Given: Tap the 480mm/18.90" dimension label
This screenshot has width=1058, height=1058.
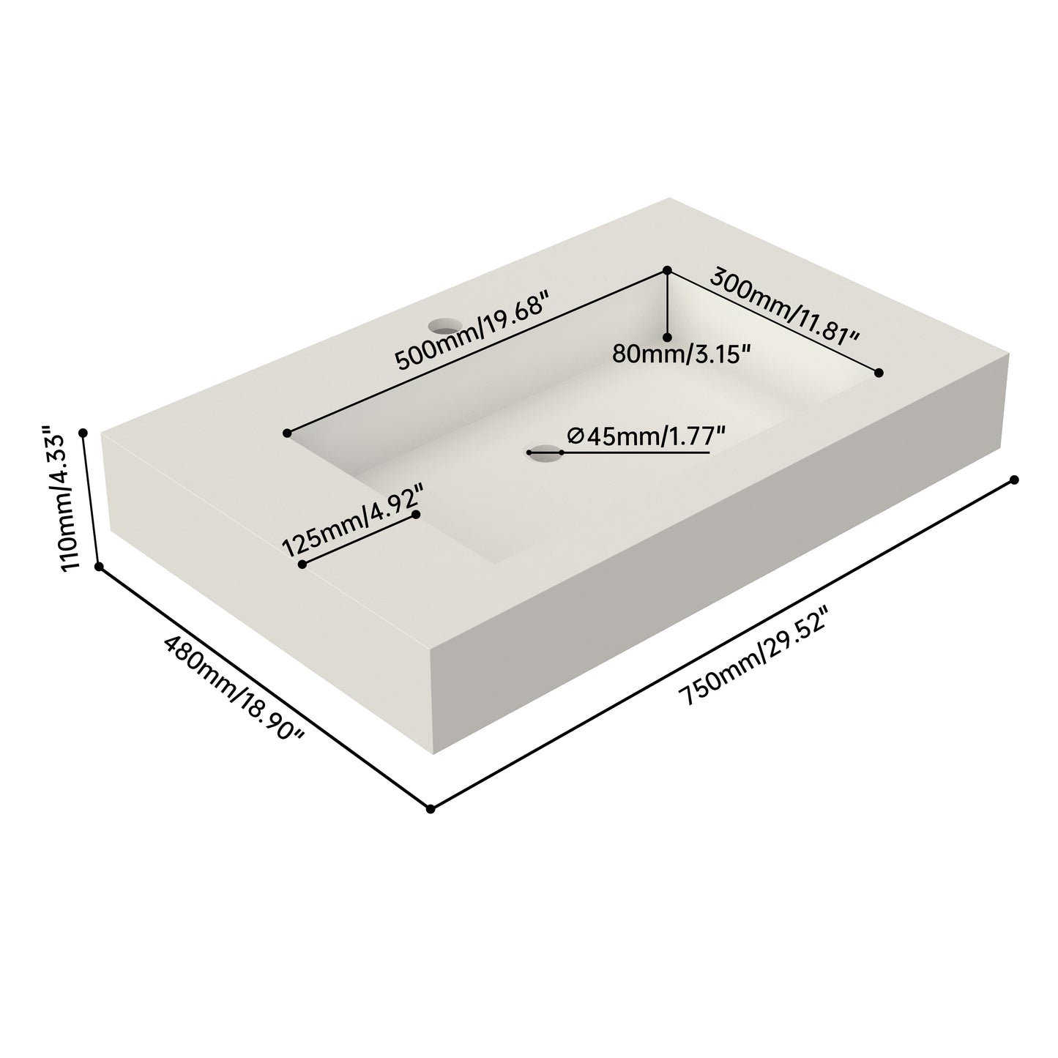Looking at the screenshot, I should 234,687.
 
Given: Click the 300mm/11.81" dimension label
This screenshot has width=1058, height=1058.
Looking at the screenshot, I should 784,308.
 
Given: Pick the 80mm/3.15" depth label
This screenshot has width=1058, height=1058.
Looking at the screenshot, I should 681,354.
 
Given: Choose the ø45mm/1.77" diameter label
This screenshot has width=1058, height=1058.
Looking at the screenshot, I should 646,436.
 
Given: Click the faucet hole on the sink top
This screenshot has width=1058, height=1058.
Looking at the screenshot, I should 442,323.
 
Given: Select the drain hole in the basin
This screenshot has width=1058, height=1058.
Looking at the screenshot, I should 545,453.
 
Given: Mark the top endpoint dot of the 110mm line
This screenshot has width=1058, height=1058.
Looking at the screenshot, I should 83,433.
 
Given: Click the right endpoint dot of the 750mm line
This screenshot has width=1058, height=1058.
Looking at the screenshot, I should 1014,480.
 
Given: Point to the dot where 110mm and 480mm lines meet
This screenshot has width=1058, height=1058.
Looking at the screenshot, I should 100,566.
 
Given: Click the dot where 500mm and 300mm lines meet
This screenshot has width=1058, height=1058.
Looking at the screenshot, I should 667,270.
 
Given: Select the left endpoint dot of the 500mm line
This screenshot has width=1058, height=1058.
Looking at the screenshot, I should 288,433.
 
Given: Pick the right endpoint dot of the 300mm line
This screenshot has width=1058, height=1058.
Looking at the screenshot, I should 880,373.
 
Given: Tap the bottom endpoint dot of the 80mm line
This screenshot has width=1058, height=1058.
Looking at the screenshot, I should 667,337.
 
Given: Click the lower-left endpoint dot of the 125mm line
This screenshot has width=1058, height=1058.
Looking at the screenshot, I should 302,565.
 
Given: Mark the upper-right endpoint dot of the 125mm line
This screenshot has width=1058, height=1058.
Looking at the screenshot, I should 416,515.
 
